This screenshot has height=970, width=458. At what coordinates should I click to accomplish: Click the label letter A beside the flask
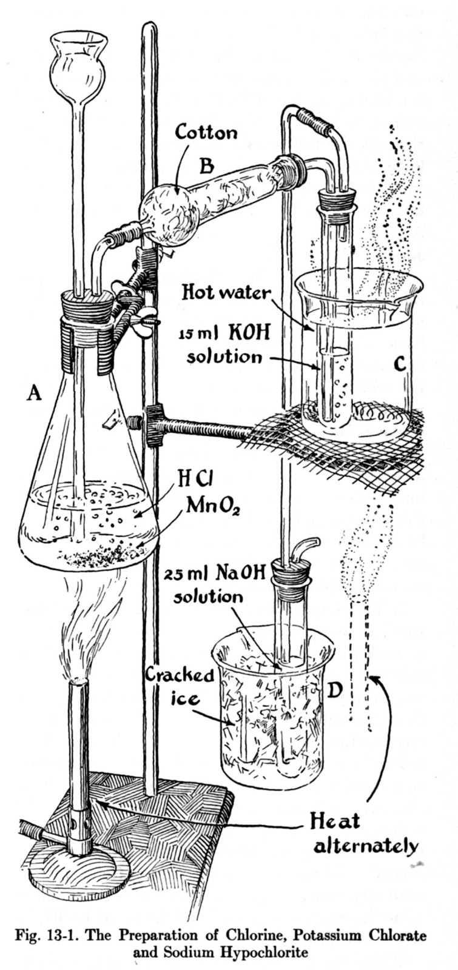(34, 394)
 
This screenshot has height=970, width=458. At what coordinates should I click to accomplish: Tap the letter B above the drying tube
(207, 163)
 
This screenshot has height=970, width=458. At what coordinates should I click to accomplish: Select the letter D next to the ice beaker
(335, 689)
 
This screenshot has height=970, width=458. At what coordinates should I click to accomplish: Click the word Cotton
(206, 132)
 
